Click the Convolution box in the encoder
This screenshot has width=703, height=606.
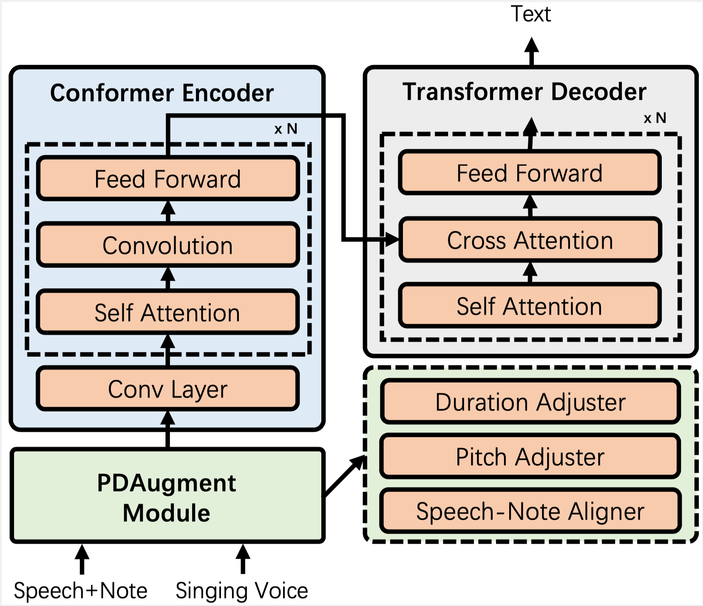(x=168, y=245)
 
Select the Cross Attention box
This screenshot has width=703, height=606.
(x=530, y=240)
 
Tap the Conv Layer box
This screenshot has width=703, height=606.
(x=168, y=388)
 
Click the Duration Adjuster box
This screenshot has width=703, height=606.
(x=530, y=402)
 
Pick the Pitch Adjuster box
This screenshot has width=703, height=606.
(x=530, y=456)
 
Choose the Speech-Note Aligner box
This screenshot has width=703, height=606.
(x=530, y=511)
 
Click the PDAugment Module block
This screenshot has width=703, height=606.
(x=167, y=496)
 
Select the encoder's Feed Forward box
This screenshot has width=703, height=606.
(x=168, y=178)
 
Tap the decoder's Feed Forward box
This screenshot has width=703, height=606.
(x=530, y=173)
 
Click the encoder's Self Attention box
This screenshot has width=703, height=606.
(x=168, y=312)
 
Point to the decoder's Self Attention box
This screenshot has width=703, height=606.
(x=530, y=306)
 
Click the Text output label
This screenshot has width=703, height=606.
(x=531, y=14)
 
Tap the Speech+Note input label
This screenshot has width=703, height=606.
(x=80, y=591)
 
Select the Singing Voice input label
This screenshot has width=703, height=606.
(x=242, y=591)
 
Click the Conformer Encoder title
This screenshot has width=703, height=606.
(x=162, y=93)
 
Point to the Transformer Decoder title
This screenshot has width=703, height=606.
(x=524, y=91)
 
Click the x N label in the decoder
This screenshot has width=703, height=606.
(x=655, y=118)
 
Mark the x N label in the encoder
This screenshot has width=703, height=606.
(x=286, y=129)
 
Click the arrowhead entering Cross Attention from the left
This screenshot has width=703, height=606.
(x=392, y=240)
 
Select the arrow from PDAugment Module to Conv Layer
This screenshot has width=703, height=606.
(x=168, y=429)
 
